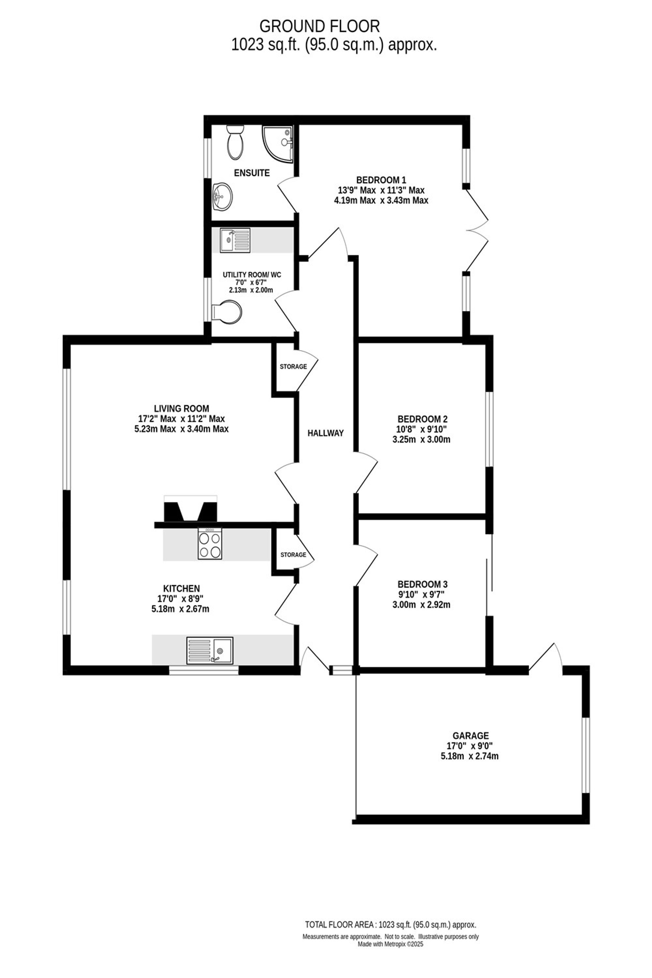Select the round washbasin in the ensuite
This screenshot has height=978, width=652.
[222, 196]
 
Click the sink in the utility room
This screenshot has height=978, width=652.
[235, 240]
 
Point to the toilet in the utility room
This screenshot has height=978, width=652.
[226, 311]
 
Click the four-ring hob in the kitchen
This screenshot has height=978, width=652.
[210, 543]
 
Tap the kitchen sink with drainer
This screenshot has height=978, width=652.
[210, 650]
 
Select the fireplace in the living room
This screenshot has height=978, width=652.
[190, 508]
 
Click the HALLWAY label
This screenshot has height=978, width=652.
[326, 433]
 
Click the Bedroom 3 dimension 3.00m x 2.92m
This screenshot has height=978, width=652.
[421, 605]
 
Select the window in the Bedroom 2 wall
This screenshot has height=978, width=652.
[489, 429]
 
